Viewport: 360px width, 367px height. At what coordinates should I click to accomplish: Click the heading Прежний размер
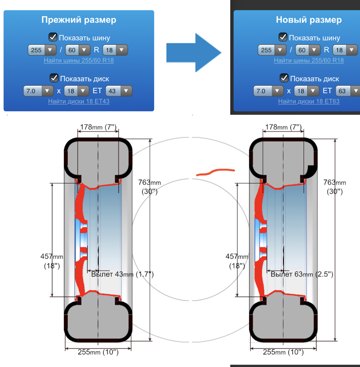pyautogui.click(x=79, y=20)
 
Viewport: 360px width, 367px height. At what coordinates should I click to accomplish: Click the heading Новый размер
pyautogui.click(x=309, y=20)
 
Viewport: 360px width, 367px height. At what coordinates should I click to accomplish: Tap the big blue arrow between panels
pyautogui.click(x=194, y=52)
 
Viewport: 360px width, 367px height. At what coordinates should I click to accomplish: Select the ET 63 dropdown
pyautogui.click(x=347, y=91)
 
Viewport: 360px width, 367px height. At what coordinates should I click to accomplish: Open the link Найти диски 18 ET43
pyautogui.click(x=79, y=101)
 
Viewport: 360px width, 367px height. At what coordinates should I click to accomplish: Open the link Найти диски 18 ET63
pyautogui.click(x=309, y=101)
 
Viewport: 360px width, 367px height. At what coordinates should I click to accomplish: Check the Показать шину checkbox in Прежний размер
pyautogui.click(x=53, y=37)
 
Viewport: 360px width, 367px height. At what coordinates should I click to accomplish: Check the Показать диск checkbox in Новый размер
pyautogui.click(x=284, y=78)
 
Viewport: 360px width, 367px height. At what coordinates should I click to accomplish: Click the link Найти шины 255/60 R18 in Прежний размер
pyautogui.click(x=79, y=60)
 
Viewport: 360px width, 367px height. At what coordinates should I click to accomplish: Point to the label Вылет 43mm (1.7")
pyautogui.click(x=122, y=274)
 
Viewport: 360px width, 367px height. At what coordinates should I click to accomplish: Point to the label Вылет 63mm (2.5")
pyautogui.click(x=302, y=274)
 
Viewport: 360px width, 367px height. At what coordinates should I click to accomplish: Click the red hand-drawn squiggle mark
pyautogui.click(x=215, y=172)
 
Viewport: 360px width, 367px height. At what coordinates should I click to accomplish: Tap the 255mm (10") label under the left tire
pyautogui.click(x=98, y=352)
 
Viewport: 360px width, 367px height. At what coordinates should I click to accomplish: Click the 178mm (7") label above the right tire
pyautogui.click(x=283, y=127)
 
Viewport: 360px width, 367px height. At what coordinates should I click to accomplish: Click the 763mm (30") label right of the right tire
pyautogui.click(x=334, y=187)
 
